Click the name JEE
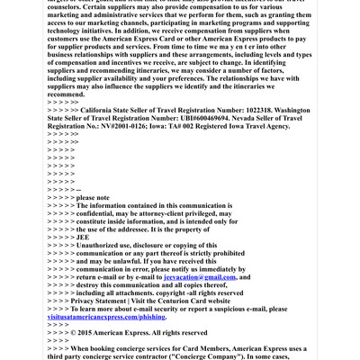tap(84, 237)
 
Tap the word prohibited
tap(215, 253)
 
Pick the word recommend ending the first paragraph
tap(66, 94)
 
